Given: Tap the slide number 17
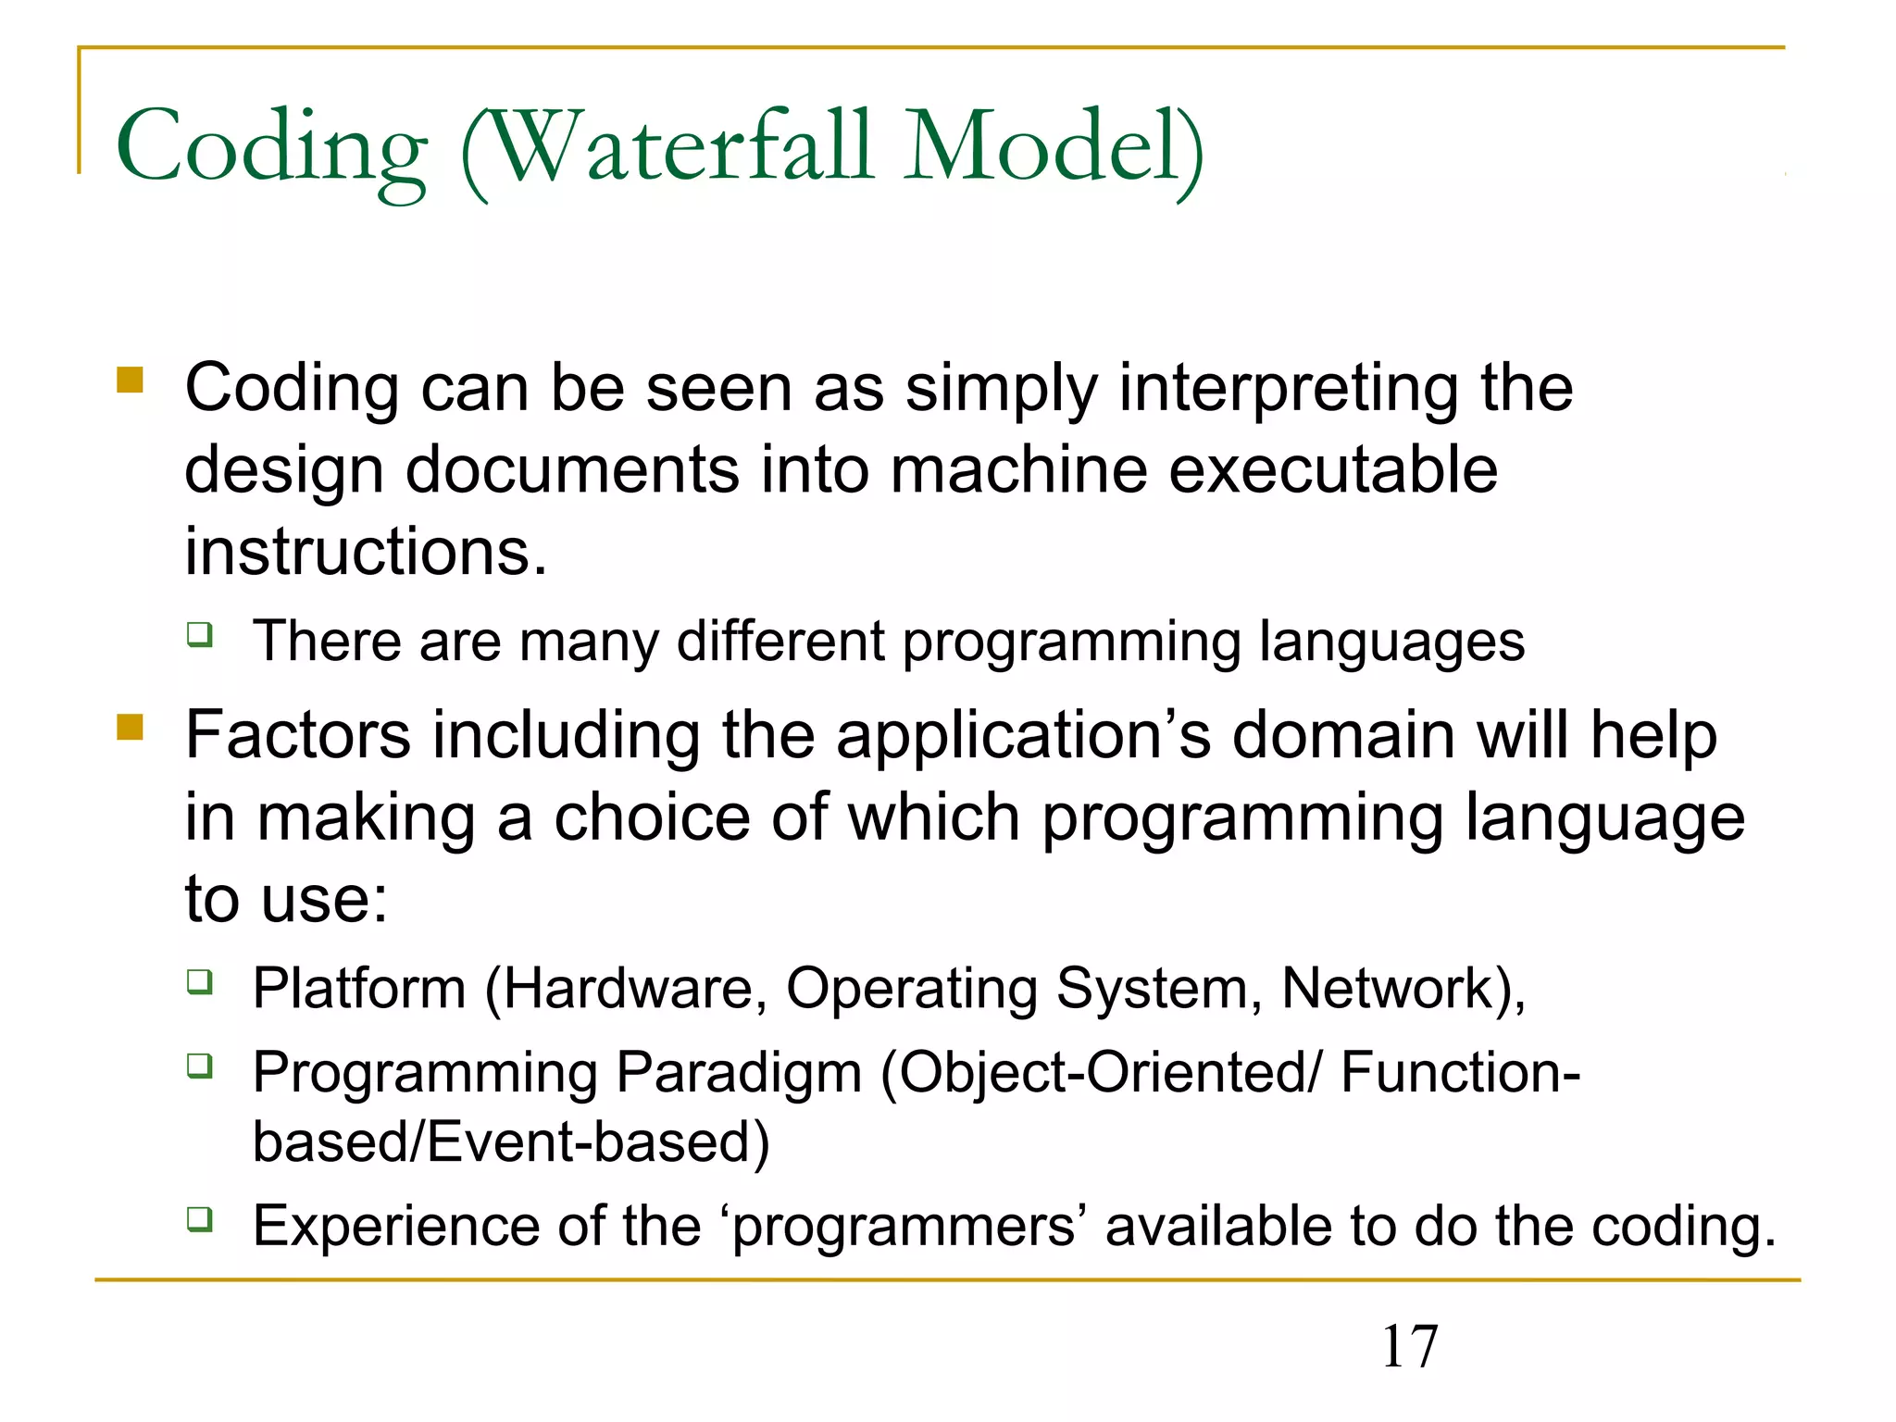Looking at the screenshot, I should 1409,1347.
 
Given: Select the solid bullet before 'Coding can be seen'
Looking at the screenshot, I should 131,380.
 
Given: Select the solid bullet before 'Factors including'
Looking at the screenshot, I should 131,728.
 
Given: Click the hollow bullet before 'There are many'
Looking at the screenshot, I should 200,635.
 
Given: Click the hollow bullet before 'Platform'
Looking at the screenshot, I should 200,981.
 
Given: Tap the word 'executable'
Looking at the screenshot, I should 1332,470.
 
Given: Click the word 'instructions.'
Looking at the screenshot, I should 366,552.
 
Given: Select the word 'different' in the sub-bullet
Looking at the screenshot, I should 780,641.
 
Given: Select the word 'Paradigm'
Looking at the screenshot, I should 739,1074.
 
